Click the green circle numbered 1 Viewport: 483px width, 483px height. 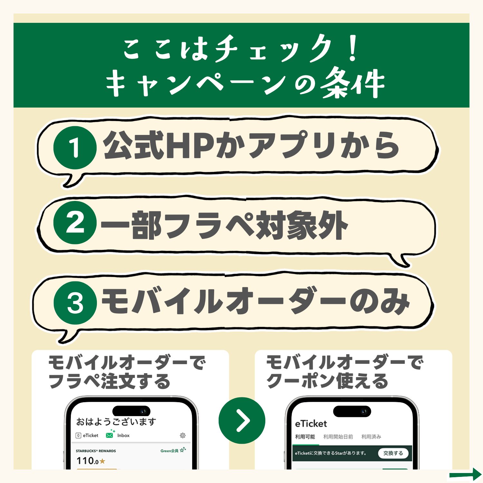coord(75,148)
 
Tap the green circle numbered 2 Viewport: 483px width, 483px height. coord(75,223)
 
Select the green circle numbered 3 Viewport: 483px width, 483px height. coord(75,303)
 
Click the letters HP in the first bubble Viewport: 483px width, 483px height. coord(190,146)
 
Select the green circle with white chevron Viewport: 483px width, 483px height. coord(242,420)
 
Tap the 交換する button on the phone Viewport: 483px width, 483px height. coord(393,453)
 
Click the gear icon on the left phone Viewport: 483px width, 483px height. coord(183,435)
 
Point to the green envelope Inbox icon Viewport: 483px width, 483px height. coord(110,434)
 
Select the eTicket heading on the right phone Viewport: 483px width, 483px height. coord(311,424)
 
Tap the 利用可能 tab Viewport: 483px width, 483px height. coord(305,437)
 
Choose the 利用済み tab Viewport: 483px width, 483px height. coord(371,437)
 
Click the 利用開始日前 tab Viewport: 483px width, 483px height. coord(338,437)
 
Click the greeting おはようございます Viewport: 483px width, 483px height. coord(116,421)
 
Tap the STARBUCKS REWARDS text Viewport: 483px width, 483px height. coord(96,451)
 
